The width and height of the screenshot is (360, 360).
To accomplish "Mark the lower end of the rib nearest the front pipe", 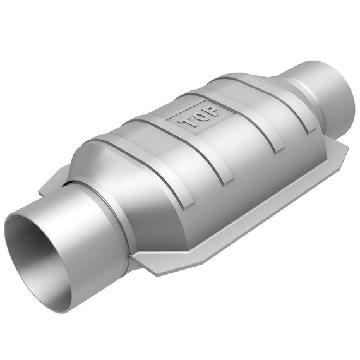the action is click(x=188, y=206).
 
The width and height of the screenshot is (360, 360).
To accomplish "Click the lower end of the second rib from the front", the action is click(x=227, y=181).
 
